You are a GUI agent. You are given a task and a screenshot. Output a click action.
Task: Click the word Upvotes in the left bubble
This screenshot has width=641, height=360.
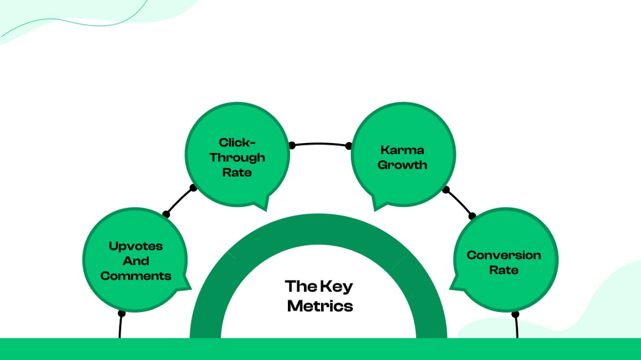tap(136, 246)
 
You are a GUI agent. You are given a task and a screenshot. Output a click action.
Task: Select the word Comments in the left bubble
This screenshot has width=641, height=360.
tap(136, 276)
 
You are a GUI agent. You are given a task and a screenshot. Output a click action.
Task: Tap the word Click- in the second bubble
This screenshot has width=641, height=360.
tap(237, 142)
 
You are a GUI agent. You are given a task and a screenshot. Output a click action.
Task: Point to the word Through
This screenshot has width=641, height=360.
tap(237, 158)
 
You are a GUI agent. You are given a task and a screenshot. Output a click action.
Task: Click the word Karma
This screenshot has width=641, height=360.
tap(402, 150)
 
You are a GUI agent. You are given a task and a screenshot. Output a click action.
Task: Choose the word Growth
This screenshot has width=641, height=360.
tap(402, 165)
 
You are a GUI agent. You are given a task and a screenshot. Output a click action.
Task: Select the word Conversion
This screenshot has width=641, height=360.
tap(504, 255)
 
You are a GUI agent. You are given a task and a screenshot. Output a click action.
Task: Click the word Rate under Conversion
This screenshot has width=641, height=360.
tap(504, 270)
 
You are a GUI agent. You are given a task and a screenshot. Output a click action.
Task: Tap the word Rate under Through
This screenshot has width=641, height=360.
tap(237, 173)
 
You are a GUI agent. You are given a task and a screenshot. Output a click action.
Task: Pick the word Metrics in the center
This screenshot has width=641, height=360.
tap(320, 306)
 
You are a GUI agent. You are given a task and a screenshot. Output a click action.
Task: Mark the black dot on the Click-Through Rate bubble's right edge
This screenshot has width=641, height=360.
tap(292, 145)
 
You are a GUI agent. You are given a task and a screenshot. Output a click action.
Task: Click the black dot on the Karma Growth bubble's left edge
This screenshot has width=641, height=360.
tap(348, 146)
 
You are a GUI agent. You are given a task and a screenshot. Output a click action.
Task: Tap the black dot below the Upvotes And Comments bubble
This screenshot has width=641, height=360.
tap(122, 313)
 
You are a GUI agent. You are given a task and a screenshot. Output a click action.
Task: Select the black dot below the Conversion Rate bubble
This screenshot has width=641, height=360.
tap(515, 314)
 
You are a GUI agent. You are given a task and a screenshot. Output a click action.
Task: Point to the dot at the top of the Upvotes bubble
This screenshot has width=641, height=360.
tap(166, 214)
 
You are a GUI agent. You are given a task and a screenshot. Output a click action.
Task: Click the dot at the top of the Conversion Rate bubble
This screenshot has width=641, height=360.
tap(472, 216)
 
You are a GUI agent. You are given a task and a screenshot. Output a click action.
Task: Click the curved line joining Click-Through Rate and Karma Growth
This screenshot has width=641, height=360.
tap(320, 144)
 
